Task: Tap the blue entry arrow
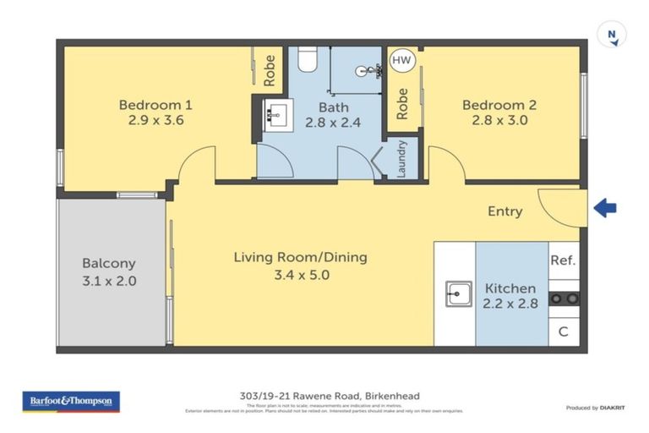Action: [604, 208]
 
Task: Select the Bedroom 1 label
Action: [155, 105]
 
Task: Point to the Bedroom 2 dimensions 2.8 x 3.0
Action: [499, 120]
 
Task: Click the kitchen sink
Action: [459, 293]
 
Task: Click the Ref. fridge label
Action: [563, 260]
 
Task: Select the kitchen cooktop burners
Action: [564, 298]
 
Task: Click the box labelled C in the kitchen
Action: [564, 332]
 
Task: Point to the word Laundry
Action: [402, 158]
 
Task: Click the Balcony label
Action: [108, 263]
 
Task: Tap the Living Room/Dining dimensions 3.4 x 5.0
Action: [300, 274]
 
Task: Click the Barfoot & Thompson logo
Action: [71, 401]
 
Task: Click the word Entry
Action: [504, 211]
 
